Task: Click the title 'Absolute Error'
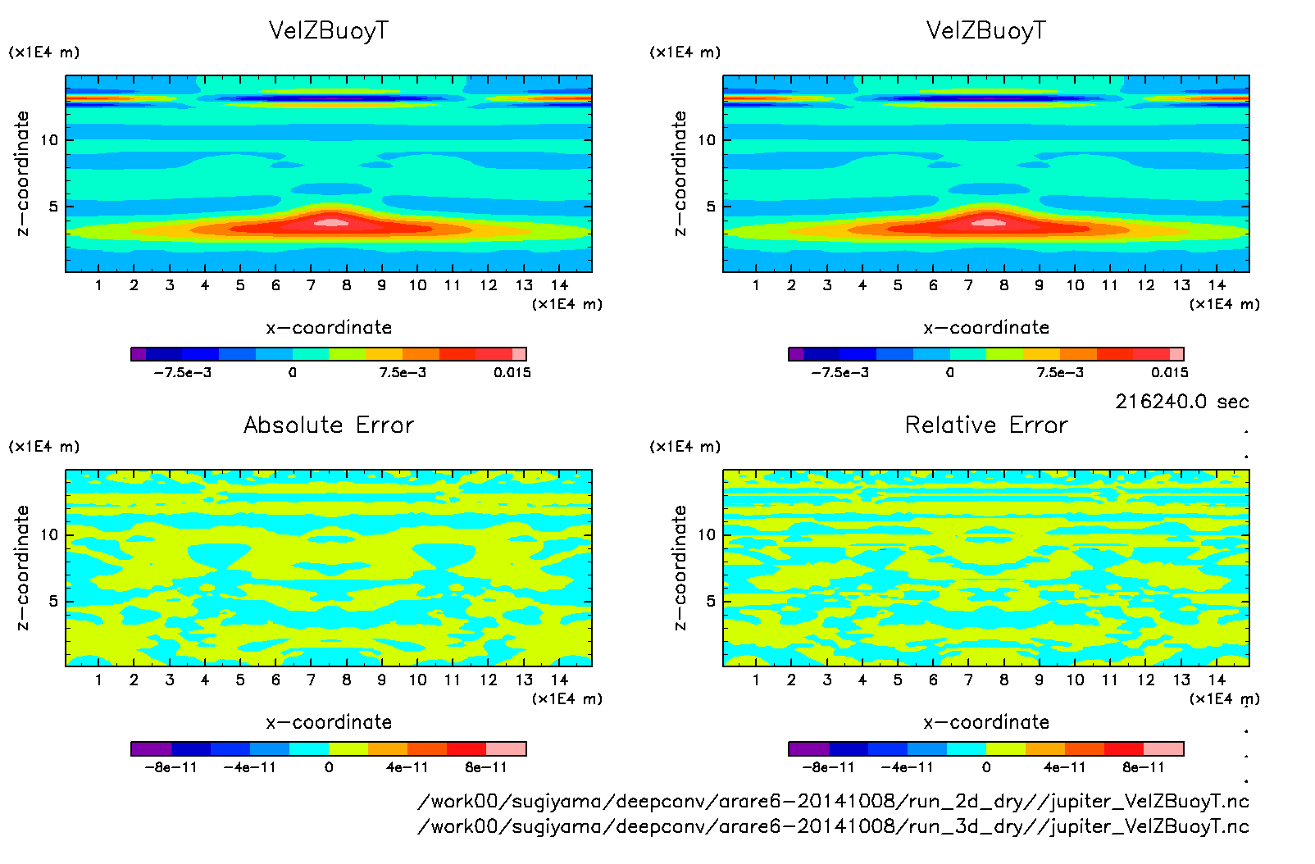tap(329, 425)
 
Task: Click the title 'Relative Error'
tap(986, 425)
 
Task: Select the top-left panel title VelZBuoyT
tap(329, 30)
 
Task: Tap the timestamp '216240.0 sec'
tap(1181, 402)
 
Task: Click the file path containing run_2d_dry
tap(833, 801)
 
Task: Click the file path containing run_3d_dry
tap(833, 825)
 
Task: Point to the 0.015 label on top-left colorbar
tap(512, 372)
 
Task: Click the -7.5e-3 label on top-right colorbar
tap(840, 372)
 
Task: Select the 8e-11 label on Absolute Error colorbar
tap(486, 767)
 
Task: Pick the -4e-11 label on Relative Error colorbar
tap(907, 767)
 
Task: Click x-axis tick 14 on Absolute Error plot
tap(559, 680)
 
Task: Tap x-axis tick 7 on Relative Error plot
tap(968, 680)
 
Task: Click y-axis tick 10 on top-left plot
tap(49, 140)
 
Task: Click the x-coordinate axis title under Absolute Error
tap(329, 722)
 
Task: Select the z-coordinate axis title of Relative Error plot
tap(680, 567)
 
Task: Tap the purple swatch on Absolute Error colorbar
tap(151, 748)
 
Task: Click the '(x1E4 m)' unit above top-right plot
tap(685, 52)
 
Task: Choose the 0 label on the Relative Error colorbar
tap(986, 767)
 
